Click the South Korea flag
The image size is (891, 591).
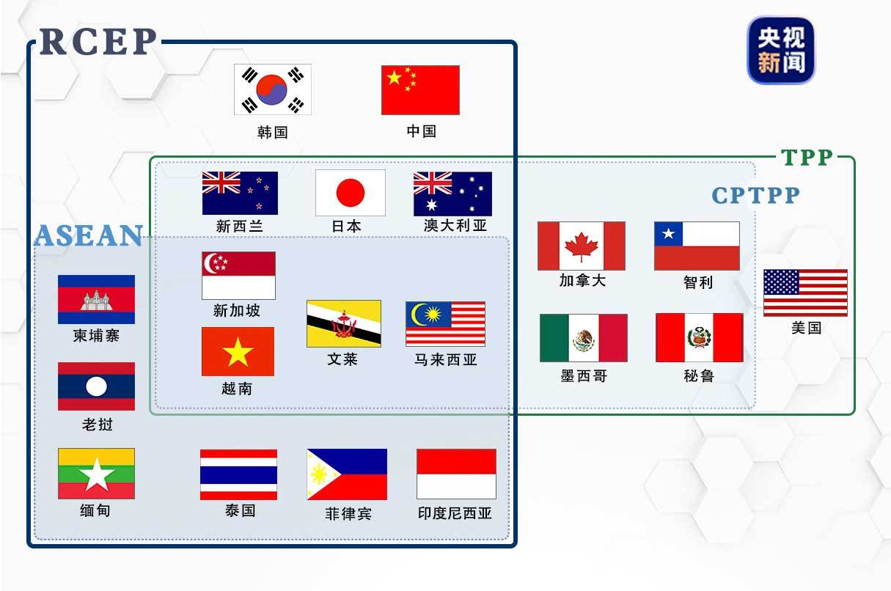pos(273,89)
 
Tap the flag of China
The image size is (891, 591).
pos(420,90)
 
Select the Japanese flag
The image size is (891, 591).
pos(351,193)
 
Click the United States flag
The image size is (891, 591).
pos(805,293)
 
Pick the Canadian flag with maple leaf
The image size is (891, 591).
pos(582,246)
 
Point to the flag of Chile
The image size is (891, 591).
pos(697,246)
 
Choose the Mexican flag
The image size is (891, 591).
pos(584,338)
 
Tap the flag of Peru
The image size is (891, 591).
pos(699,338)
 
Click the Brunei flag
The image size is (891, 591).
pos(343,323)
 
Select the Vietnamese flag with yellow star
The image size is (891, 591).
pos(238,352)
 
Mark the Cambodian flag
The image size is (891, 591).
pos(96,299)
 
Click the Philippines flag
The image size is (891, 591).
pos(347,474)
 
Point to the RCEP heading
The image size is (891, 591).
pos(98,42)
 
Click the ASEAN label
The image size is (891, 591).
pos(88,235)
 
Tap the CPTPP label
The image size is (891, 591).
pos(756,196)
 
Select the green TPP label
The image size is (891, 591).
pos(807,158)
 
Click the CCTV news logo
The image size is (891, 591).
pos(780,50)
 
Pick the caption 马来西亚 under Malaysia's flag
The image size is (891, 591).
pos(446,360)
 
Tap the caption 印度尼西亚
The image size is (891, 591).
pos(455,513)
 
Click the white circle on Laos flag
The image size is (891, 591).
pos(96,386)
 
